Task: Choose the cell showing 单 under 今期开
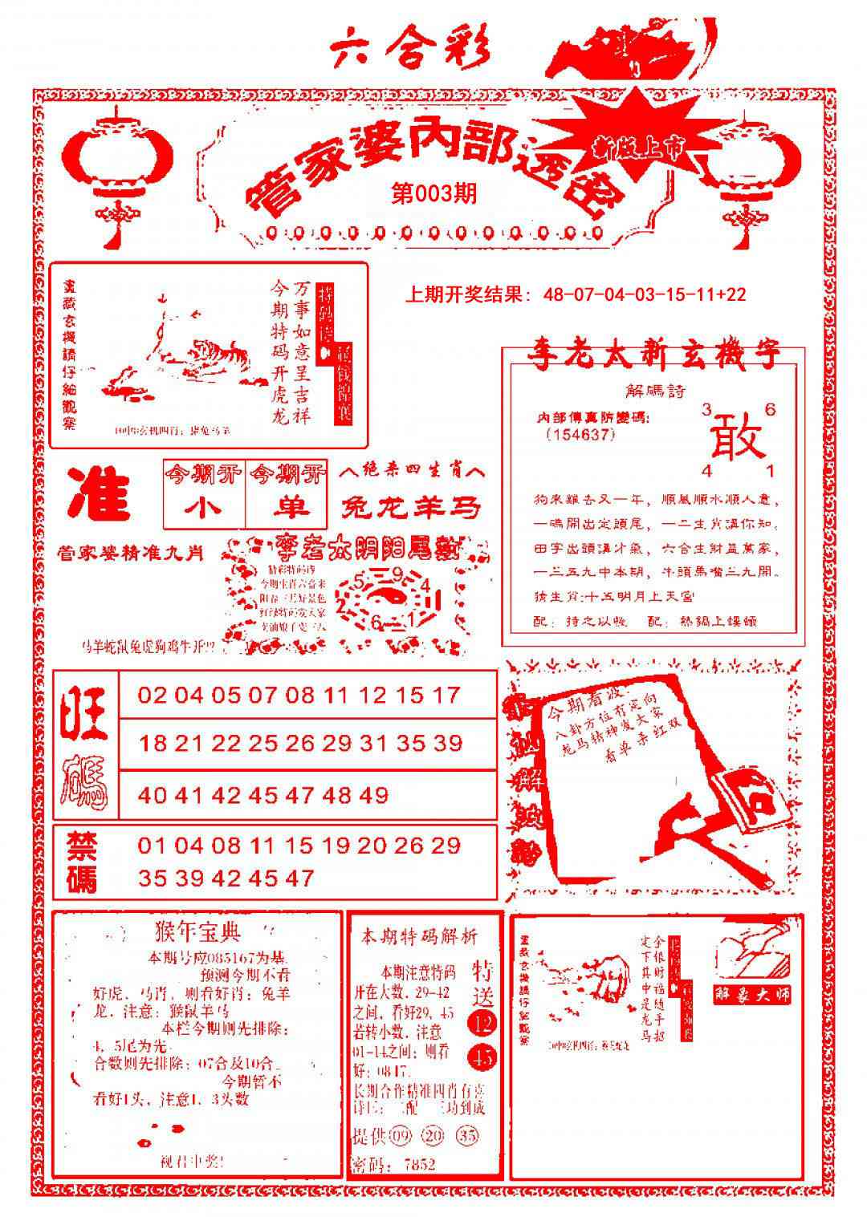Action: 287,509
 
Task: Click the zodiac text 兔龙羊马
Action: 411,508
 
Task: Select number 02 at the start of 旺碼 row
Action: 153,695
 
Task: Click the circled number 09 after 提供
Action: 399,1137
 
